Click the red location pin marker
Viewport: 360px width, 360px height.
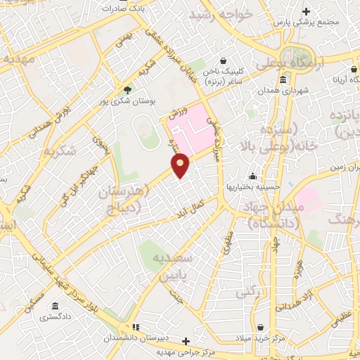click(181, 165)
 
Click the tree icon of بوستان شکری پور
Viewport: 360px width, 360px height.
click(127, 89)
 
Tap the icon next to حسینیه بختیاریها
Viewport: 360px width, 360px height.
click(252, 176)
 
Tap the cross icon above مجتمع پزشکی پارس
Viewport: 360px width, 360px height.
click(306, 11)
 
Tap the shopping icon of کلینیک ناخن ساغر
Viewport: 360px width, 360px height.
click(224, 60)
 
